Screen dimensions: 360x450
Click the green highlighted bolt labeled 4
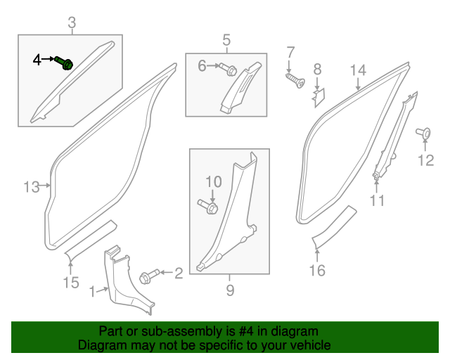pos(67,64)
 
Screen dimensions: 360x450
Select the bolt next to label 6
pos(229,68)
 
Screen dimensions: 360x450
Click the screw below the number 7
pos(295,80)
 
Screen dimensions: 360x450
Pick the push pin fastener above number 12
pos(424,133)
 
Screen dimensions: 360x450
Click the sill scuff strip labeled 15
pos(90,239)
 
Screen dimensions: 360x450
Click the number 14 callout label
pos(358,70)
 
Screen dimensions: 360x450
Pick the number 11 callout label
pos(378,202)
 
